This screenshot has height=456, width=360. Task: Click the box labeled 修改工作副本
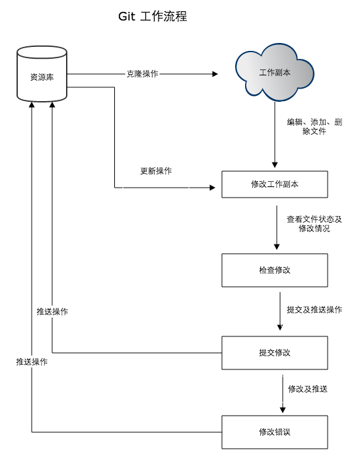274,184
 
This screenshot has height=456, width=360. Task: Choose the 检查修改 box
274,270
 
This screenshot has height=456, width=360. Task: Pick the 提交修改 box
274,353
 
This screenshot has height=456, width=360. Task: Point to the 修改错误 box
274,432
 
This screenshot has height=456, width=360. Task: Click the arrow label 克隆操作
143,74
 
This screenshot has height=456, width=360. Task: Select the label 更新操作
156,171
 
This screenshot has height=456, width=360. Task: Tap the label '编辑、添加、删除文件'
314,127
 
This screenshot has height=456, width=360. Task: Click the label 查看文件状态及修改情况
314,223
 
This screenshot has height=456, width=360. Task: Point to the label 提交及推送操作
314,309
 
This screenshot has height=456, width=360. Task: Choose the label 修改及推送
308,389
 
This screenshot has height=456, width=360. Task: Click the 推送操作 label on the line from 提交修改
52,312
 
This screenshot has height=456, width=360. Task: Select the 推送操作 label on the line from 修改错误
32,362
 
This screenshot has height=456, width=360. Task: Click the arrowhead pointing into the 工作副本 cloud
214,75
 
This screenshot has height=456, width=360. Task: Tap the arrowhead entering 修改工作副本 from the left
212,188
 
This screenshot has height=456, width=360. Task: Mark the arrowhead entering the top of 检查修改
275,247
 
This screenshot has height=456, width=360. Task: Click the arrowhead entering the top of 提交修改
280,327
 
